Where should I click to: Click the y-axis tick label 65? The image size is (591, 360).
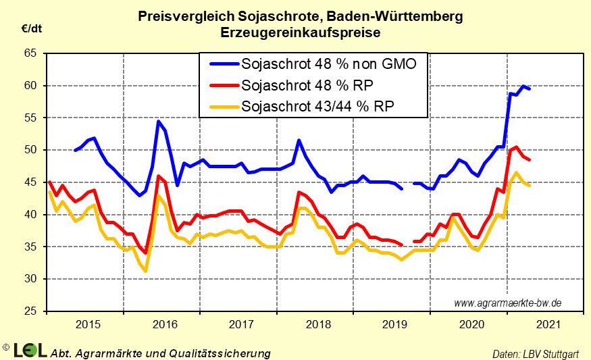[30, 53]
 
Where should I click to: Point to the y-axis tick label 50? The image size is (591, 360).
[30, 149]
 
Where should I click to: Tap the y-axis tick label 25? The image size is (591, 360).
[30, 311]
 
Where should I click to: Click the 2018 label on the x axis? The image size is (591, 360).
[317, 326]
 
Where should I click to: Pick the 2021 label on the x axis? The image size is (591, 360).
[546, 326]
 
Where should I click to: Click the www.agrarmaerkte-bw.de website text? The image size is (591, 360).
[507, 303]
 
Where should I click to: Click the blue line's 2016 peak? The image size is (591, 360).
[158, 122]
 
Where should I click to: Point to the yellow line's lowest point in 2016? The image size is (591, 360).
[145, 271]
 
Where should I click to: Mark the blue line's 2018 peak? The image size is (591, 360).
[299, 140]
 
